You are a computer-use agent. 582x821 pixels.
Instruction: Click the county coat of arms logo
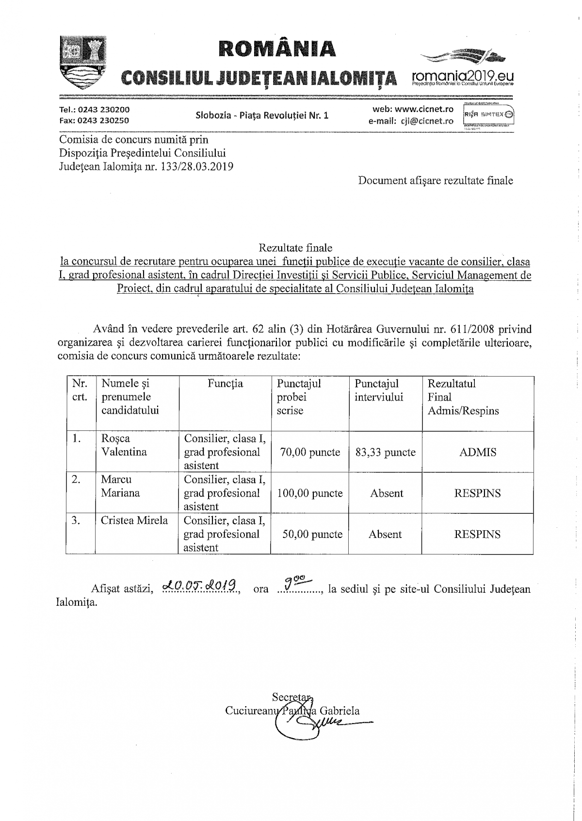click(82, 61)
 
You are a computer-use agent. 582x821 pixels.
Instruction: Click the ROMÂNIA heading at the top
click(277, 48)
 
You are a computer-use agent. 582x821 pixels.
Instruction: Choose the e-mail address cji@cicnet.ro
click(427, 121)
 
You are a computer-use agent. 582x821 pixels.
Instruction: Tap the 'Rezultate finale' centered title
click(295, 248)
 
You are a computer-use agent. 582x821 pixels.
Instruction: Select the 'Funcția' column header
click(226, 384)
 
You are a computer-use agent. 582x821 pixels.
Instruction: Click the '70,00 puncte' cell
click(310, 452)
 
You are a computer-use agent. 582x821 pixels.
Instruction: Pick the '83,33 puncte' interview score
click(386, 452)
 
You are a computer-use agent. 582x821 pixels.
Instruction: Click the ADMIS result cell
click(478, 452)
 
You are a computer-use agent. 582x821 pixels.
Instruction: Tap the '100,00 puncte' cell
click(310, 493)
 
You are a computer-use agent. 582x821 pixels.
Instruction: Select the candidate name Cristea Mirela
click(134, 521)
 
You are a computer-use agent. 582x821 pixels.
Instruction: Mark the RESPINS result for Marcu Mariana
click(478, 493)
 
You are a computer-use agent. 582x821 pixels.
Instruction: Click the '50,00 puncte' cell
click(310, 534)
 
